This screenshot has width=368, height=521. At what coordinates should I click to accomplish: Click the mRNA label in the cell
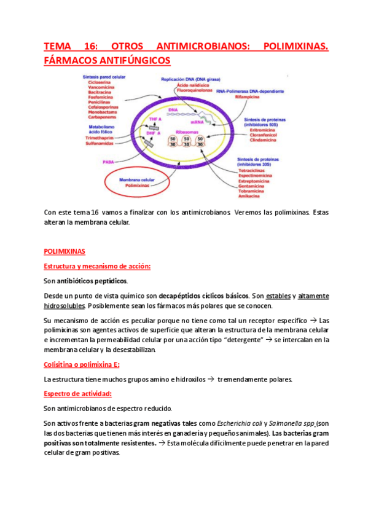click(x=196, y=123)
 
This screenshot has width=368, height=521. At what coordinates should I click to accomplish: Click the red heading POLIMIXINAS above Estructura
click(x=65, y=251)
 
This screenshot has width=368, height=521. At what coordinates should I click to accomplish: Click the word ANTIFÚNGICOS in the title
click(x=127, y=61)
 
